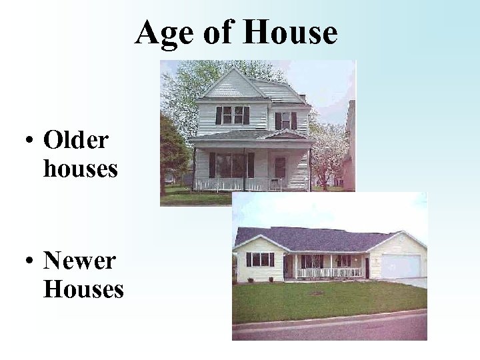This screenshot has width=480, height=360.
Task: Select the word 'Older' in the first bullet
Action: tap(75, 141)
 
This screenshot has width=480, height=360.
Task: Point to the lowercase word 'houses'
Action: tap(80, 169)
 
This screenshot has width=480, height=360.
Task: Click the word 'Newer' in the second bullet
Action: tap(79, 261)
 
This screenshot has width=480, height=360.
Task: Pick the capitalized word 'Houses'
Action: tap(83, 289)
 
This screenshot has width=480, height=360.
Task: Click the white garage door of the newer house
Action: tap(400, 266)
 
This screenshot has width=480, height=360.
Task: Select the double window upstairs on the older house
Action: tap(232, 115)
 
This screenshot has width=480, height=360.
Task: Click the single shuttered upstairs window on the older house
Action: tap(285, 121)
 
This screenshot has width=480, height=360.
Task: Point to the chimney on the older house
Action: tap(302, 97)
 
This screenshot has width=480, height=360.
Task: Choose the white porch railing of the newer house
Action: tap(329, 272)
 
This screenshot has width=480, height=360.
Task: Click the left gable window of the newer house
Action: tap(260, 259)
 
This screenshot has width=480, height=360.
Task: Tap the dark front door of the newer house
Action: tap(366, 267)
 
